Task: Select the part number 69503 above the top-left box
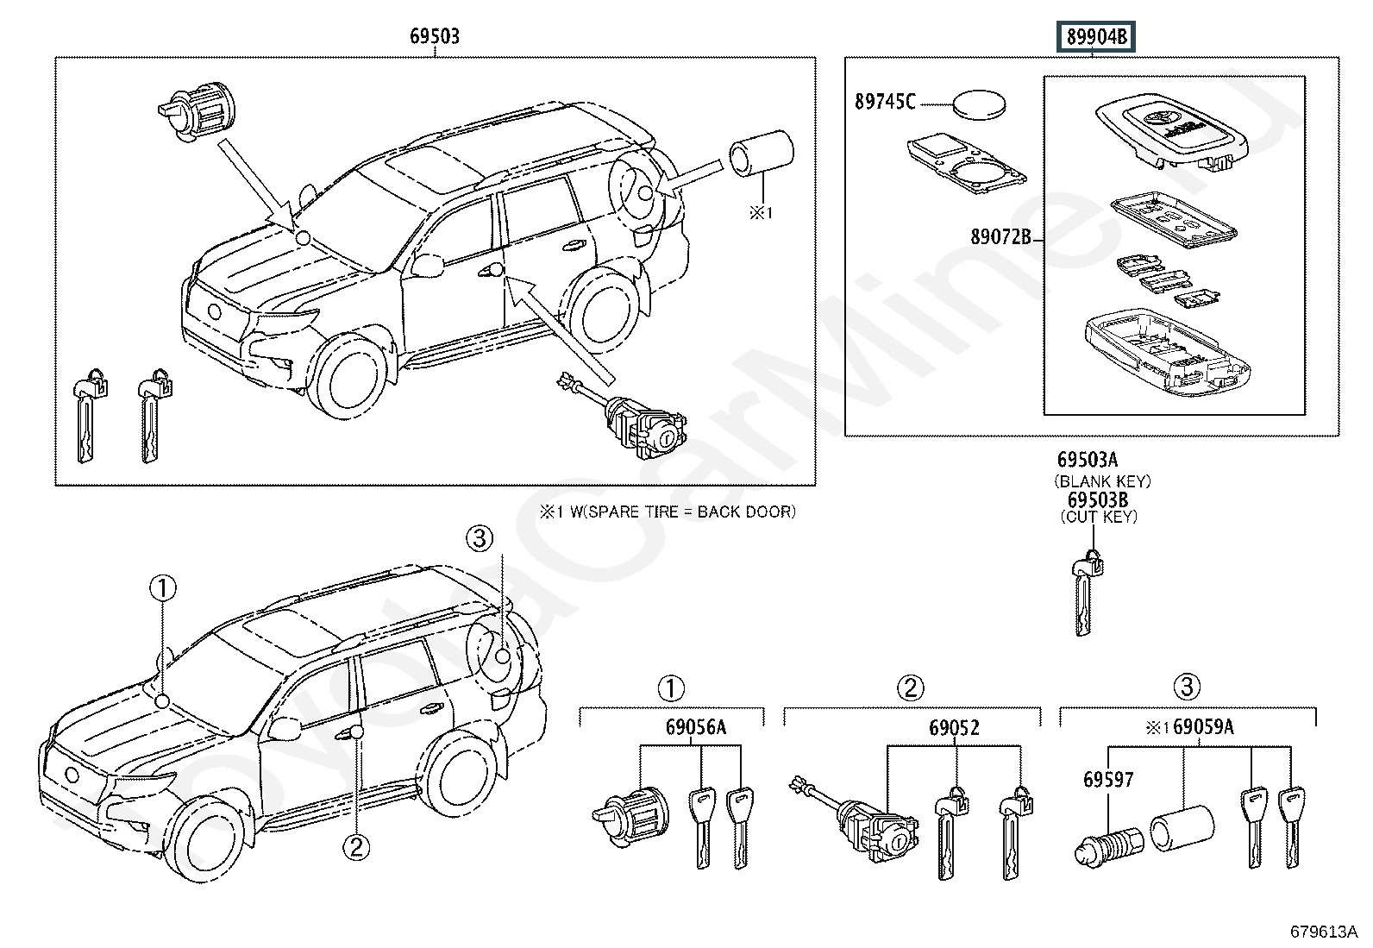[434, 36]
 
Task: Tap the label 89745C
[885, 102]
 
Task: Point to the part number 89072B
[1000, 236]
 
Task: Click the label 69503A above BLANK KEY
[1094, 461]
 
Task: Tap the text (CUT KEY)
[1099, 517]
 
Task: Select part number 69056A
[695, 727]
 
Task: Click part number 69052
[954, 727]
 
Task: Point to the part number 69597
[1108, 779]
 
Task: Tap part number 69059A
[1203, 727]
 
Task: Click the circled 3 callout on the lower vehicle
[480, 539]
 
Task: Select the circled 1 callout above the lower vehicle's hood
[163, 589]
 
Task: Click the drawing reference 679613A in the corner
[1324, 932]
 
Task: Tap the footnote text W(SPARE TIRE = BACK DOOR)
[678, 512]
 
